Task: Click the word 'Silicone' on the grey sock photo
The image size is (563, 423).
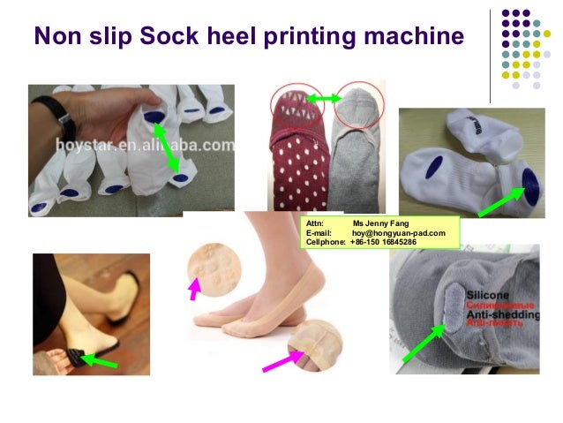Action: click(482, 291)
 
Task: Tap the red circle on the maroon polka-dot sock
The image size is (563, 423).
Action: click(297, 101)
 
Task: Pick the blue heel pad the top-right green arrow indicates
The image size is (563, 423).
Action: click(530, 182)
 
